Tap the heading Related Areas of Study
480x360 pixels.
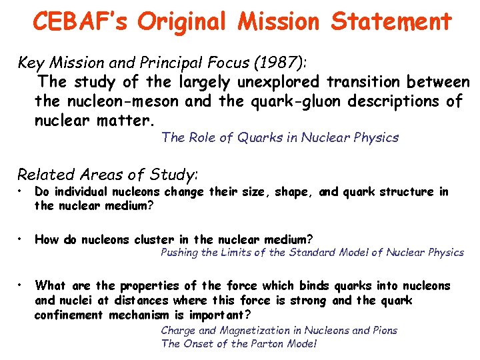point(107,175)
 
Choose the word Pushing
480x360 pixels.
point(179,252)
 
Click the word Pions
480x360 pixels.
point(382,330)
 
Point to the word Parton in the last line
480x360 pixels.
point(267,344)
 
